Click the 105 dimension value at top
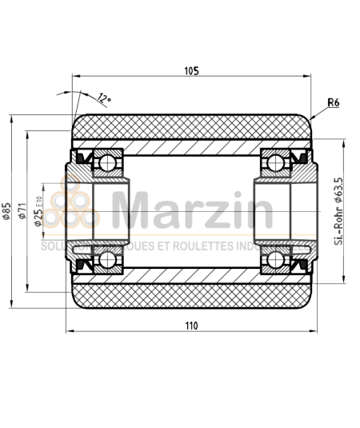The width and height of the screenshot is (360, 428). (190, 71)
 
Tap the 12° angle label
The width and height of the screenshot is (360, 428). (103, 98)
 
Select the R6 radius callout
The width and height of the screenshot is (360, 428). (335, 103)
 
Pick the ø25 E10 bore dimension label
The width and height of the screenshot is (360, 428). (38, 210)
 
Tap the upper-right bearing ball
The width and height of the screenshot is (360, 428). (274, 163)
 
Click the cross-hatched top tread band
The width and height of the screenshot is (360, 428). (190, 127)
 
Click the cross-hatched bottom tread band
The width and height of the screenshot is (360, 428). (190, 295)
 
